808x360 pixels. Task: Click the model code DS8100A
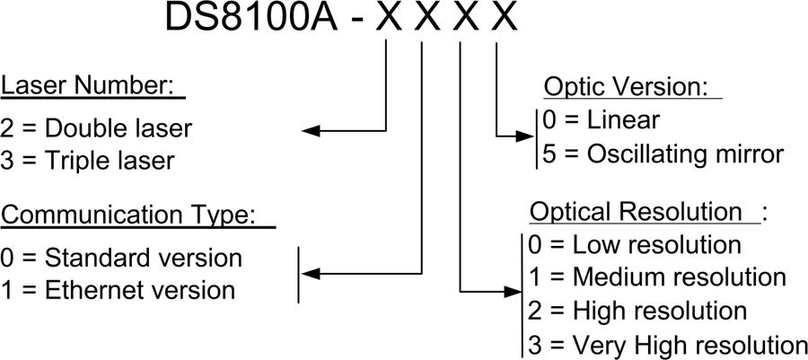coord(252,21)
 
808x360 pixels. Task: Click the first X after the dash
coord(387,21)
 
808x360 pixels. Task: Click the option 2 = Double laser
coord(96,127)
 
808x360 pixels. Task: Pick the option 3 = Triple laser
coord(88,162)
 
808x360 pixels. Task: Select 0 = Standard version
coord(121,259)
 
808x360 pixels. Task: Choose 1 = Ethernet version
coord(118,291)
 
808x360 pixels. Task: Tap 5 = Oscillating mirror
coord(663,154)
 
